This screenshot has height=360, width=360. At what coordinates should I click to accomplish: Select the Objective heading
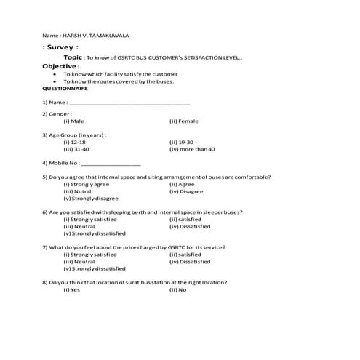coord(59,65)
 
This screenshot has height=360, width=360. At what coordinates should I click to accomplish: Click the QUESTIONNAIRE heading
coord(65,89)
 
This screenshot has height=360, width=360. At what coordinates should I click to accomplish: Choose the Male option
coord(77,121)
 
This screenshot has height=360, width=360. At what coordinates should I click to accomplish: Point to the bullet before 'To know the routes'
coord(55,81)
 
